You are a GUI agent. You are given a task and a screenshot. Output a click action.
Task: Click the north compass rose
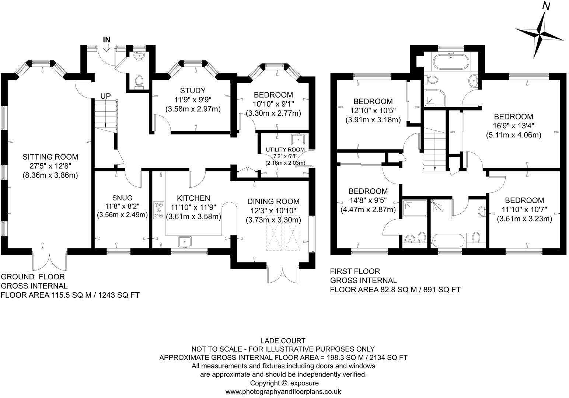(540, 33)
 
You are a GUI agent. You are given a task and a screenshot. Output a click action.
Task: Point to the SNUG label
(122, 198)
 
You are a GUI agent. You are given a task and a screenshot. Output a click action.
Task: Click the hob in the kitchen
(159, 210)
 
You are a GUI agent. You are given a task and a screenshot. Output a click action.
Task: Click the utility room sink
(297, 140)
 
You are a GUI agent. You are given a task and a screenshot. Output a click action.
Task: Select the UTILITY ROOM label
(285, 150)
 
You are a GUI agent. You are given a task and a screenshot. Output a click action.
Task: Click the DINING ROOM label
(273, 202)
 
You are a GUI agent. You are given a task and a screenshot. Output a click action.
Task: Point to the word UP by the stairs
(105, 96)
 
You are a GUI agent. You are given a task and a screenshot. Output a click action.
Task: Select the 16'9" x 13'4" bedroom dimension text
(513, 125)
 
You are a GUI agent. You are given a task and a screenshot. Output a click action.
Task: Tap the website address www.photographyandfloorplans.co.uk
(283, 392)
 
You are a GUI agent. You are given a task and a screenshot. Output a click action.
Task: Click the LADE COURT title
(283, 341)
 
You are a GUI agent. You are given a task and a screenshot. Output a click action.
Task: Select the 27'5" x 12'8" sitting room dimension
(50, 166)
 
